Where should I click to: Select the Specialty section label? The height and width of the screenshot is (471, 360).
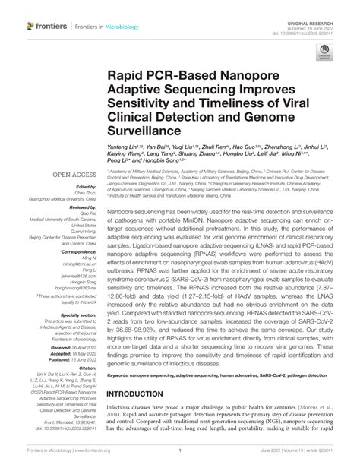(76, 314)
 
